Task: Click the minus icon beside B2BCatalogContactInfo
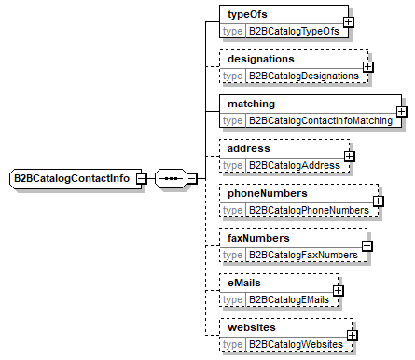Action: point(141,178)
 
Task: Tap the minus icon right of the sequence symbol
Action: point(191,178)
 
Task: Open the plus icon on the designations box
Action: point(367,66)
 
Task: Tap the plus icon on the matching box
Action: point(400,112)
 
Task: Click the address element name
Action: point(249,148)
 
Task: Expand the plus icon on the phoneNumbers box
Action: point(379,201)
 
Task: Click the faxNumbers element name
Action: point(259,238)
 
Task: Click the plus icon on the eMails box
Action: point(338,290)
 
